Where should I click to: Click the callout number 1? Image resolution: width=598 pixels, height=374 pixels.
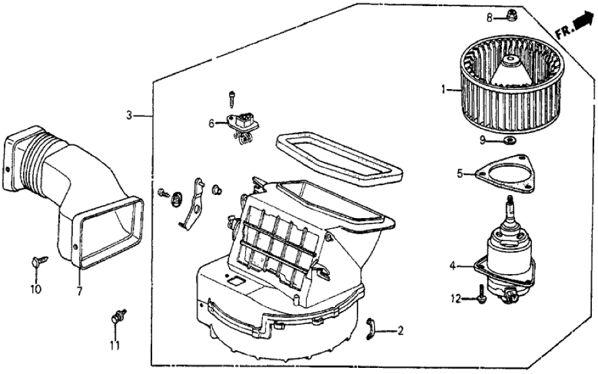443,88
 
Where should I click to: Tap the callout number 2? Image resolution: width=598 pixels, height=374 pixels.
401,331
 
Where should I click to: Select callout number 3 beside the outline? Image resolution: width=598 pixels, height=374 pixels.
128,115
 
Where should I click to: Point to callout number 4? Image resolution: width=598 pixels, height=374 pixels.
452,266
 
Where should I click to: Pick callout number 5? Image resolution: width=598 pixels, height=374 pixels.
460,173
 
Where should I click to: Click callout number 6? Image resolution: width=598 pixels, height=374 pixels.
211,123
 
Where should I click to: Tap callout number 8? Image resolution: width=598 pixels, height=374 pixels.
490,18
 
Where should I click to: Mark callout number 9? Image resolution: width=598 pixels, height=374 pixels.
483,140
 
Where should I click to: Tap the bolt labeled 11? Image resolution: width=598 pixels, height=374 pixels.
119,315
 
